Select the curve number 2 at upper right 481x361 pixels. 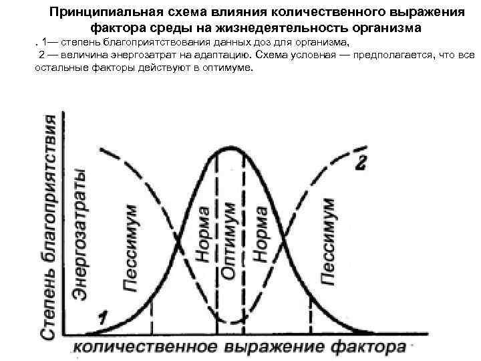click(361, 164)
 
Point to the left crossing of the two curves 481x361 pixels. click(179, 236)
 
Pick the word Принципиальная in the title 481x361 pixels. click(102, 13)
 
